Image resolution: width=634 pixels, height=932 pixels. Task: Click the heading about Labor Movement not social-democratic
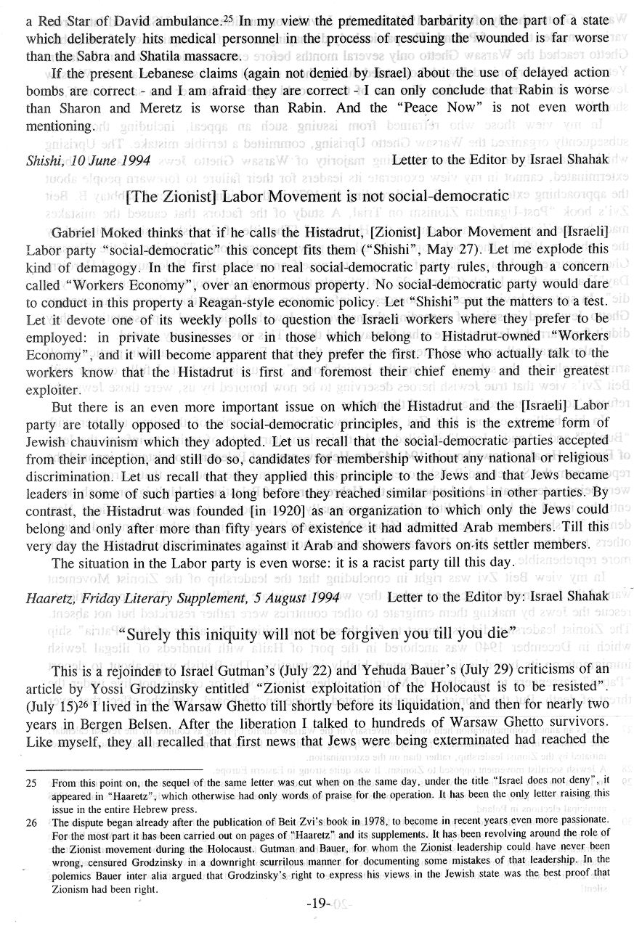point(317,195)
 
